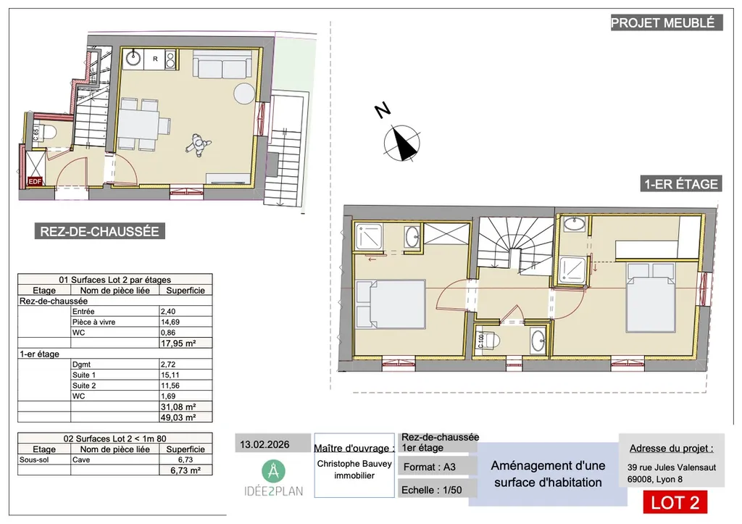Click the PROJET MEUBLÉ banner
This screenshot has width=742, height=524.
point(666,22)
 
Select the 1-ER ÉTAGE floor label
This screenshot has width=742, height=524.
point(680,184)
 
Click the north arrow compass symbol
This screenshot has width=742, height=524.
point(401,142)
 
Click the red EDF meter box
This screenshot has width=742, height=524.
point(34,182)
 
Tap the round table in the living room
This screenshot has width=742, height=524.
point(244,93)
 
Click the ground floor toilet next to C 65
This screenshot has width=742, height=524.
point(47,133)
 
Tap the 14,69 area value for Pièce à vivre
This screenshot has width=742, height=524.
point(169,322)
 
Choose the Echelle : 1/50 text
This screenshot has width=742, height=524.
point(430,491)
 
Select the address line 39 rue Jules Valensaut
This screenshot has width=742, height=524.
point(672,467)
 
